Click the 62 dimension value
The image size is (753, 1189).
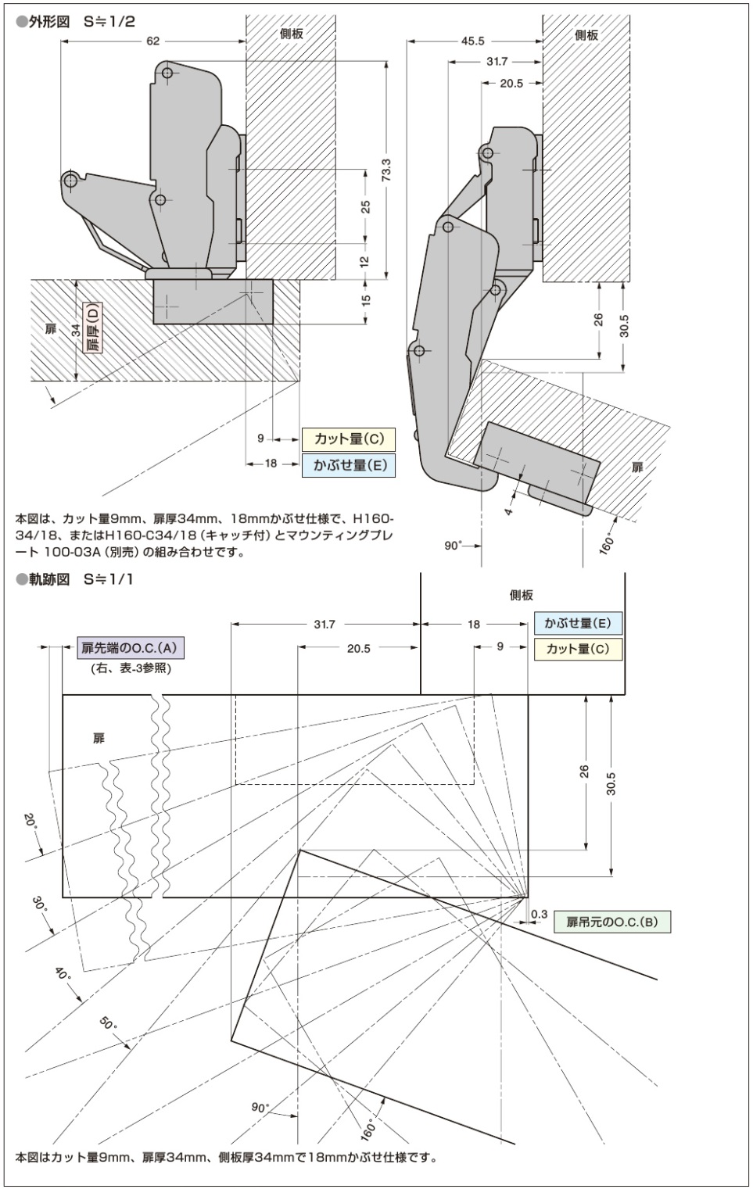click(x=153, y=41)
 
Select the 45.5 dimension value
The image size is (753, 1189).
click(x=472, y=41)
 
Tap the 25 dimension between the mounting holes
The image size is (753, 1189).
click(x=366, y=206)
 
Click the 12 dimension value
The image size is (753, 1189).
click(x=366, y=262)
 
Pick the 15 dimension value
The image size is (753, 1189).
click(x=366, y=300)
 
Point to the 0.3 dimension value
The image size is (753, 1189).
click(x=539, y=914)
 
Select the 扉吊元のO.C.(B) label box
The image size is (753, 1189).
click(x=612, y=922)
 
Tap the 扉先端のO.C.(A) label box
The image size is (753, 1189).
click(x=130, y=647)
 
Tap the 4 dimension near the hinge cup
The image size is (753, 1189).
click(x=508, y=512)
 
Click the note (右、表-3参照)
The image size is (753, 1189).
click(x=131, y=668)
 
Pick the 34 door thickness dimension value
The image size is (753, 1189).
click(x=76, y=330)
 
